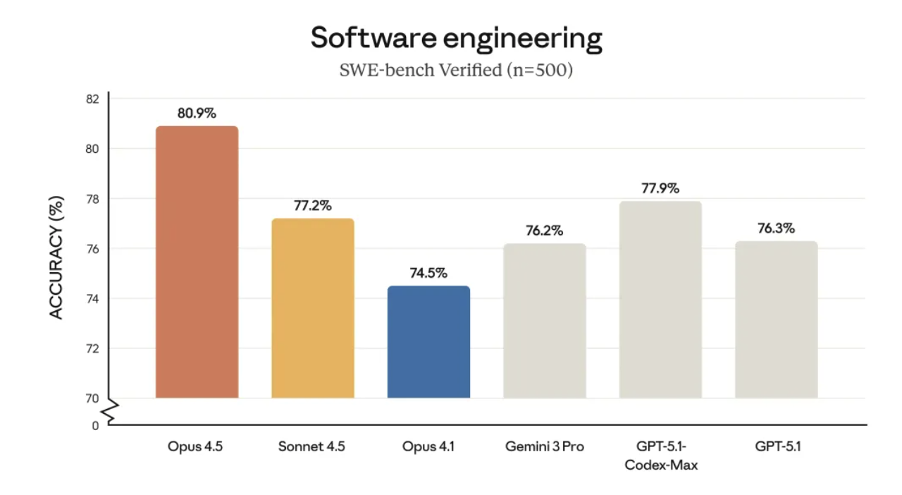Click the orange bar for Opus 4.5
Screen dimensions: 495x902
click(197, 262)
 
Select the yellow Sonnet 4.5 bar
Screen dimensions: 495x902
click(312, 308)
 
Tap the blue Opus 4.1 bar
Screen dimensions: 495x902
click(428, 342)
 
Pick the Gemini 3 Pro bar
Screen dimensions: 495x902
click(545, 321)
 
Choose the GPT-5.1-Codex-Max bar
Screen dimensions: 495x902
click(660, 300)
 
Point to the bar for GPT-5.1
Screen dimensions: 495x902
click(776, 319)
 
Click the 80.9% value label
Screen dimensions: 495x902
click(197, 112)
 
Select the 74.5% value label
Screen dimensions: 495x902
click(428, 273)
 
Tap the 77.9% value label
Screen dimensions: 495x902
click(660, 188)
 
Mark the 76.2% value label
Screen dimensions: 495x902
click(545, 231)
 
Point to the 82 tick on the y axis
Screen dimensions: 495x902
click(92, 99)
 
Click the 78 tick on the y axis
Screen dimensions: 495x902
click(92, 200)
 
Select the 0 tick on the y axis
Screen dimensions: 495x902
click(95, 426)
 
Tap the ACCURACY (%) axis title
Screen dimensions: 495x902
click(57, 257)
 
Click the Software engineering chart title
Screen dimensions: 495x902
click(457, 38)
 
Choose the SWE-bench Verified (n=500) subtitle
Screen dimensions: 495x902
click(457, 71)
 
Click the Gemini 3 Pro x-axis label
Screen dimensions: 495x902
click(545, 446)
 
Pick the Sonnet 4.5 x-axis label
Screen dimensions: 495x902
click(311, 446)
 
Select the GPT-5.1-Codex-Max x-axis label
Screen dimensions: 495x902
click(661, 456)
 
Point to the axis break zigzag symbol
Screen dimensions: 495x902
click(109, 412)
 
